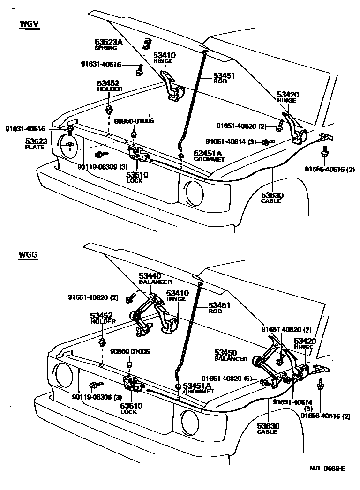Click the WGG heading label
pos(29,255)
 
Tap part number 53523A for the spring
pos(108,42)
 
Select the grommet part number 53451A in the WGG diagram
pos(196,385)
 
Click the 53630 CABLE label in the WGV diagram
pos(271,195)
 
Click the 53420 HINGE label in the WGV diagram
pos(288,95)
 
